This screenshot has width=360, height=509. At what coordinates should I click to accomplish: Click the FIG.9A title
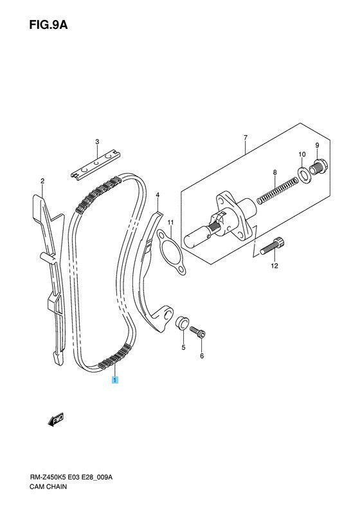48,25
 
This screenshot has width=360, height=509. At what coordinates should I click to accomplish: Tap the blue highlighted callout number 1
115,380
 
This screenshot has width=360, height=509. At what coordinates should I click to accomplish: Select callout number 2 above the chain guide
42,181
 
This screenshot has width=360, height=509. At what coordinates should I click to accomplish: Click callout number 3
97,142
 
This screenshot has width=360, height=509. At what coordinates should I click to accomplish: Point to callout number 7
246,138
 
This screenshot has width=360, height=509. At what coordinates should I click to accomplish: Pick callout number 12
274,266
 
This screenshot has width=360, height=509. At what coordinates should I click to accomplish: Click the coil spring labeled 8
277,191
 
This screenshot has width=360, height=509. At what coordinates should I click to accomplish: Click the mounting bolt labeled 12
272,246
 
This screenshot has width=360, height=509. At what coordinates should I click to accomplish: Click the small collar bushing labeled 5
182,322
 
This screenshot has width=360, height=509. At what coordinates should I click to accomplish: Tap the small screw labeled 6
198,332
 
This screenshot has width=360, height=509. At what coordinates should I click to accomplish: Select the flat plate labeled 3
95,164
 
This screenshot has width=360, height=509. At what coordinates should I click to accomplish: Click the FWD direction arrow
55,420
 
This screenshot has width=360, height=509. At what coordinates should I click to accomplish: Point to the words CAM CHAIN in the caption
48,486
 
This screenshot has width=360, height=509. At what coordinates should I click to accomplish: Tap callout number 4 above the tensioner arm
157,195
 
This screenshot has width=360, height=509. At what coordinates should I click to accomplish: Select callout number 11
170,223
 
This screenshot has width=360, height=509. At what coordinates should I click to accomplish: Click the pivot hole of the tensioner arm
167,314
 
